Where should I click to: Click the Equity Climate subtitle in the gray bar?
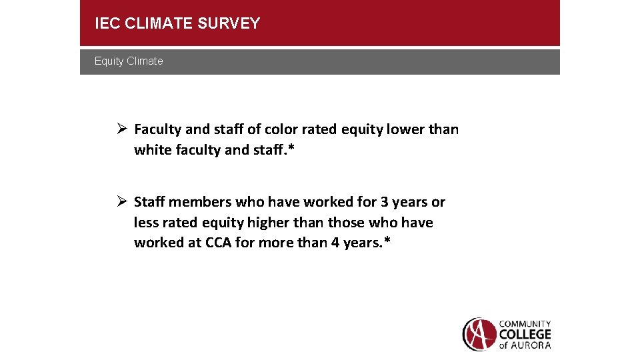129,61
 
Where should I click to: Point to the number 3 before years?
385,202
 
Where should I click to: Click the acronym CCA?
218,243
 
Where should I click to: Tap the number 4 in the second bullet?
335,243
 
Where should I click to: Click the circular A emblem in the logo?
479,334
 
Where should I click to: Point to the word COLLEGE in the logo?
525,334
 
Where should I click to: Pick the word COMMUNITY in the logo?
525,324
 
